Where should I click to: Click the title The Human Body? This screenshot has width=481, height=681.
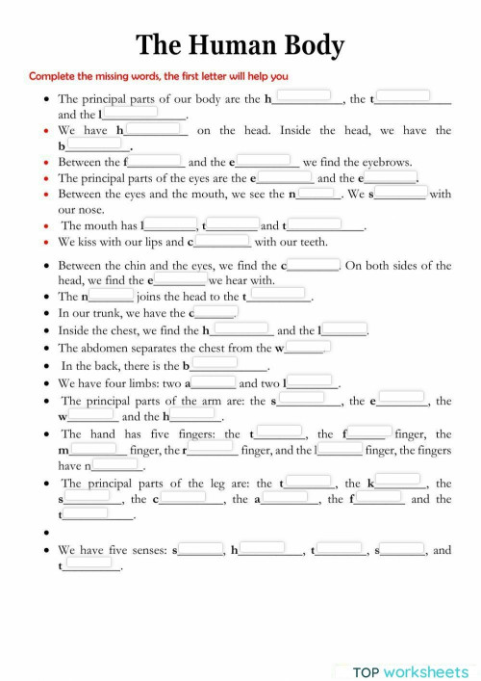[x=240, y=44]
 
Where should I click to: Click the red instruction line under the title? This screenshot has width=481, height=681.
[x=158, y=76]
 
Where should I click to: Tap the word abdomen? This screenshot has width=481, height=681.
[x=128, y=348]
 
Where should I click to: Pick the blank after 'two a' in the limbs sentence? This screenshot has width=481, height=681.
[x=214, y=381]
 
